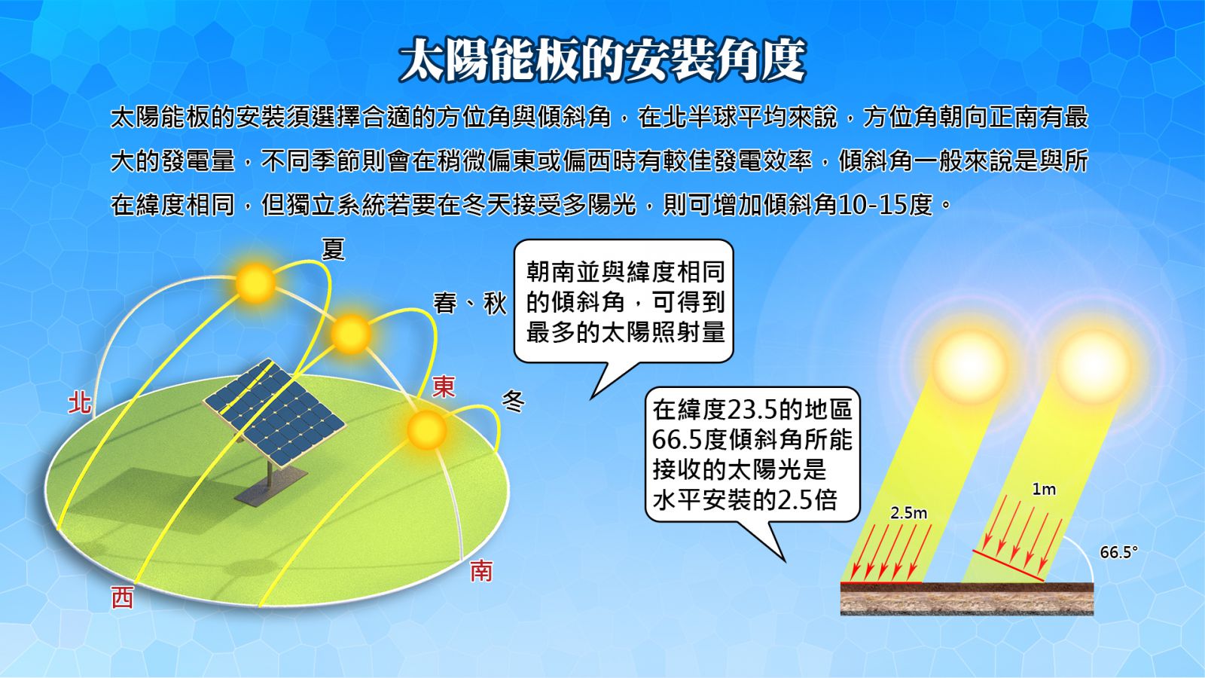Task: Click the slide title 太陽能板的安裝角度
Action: coord(602,60)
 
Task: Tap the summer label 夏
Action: coord(333,249)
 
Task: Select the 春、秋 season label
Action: coord(470,304)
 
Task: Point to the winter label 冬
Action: coord(513,401)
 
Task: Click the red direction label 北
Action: coord(79,403)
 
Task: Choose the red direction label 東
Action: coord(444,387)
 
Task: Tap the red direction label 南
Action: coord(481,571)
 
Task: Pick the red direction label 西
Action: coord(122,597)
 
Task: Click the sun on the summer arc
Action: coord(255,282)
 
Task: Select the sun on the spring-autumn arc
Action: coord(351,334)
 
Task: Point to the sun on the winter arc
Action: coord(426,430)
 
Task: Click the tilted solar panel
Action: coord(274,411)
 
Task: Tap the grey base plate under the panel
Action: coord(271,487)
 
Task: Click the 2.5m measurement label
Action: coord(908,513)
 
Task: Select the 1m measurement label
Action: coord(1044,489)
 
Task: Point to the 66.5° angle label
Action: coord(1119,553)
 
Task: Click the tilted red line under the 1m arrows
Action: coord(1008,566)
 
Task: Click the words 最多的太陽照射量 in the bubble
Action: coord(626,332)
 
